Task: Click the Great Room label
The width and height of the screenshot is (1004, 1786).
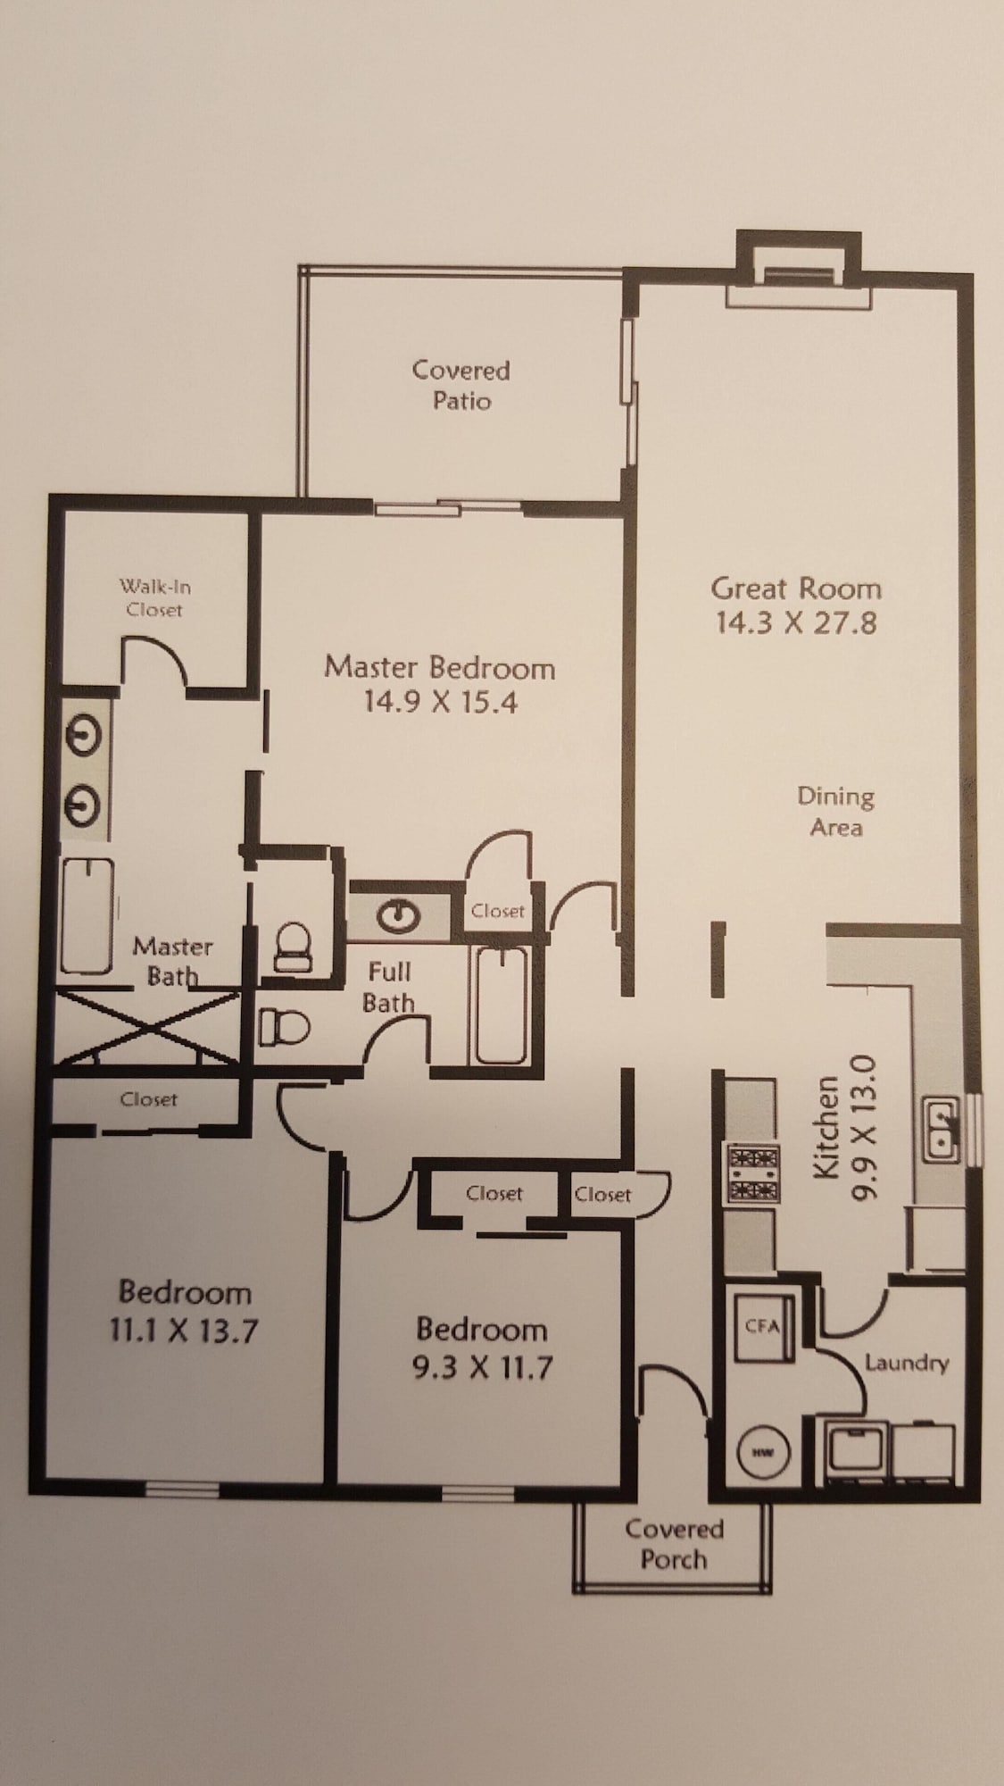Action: [796, 588]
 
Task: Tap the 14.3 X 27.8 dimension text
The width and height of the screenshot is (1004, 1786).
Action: [796, 622]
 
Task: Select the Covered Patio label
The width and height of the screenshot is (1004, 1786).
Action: [461, 385]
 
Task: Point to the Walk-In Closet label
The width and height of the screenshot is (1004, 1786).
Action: [154, 598]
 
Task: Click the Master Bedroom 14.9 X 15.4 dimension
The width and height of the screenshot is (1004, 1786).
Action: [440, 702]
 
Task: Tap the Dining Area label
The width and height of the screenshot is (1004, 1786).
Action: [836, 811]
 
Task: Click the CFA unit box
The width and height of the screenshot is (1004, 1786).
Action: [761, 1327]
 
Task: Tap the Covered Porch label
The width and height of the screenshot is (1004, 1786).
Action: [674, 1544]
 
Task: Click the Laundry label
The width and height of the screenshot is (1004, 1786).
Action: [906, 1364]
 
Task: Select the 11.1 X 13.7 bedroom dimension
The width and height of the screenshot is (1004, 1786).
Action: [183, 1331]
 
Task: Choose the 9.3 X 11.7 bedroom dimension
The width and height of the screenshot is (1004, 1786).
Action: [482, 1367]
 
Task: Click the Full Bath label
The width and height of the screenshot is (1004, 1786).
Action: [390, 987]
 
